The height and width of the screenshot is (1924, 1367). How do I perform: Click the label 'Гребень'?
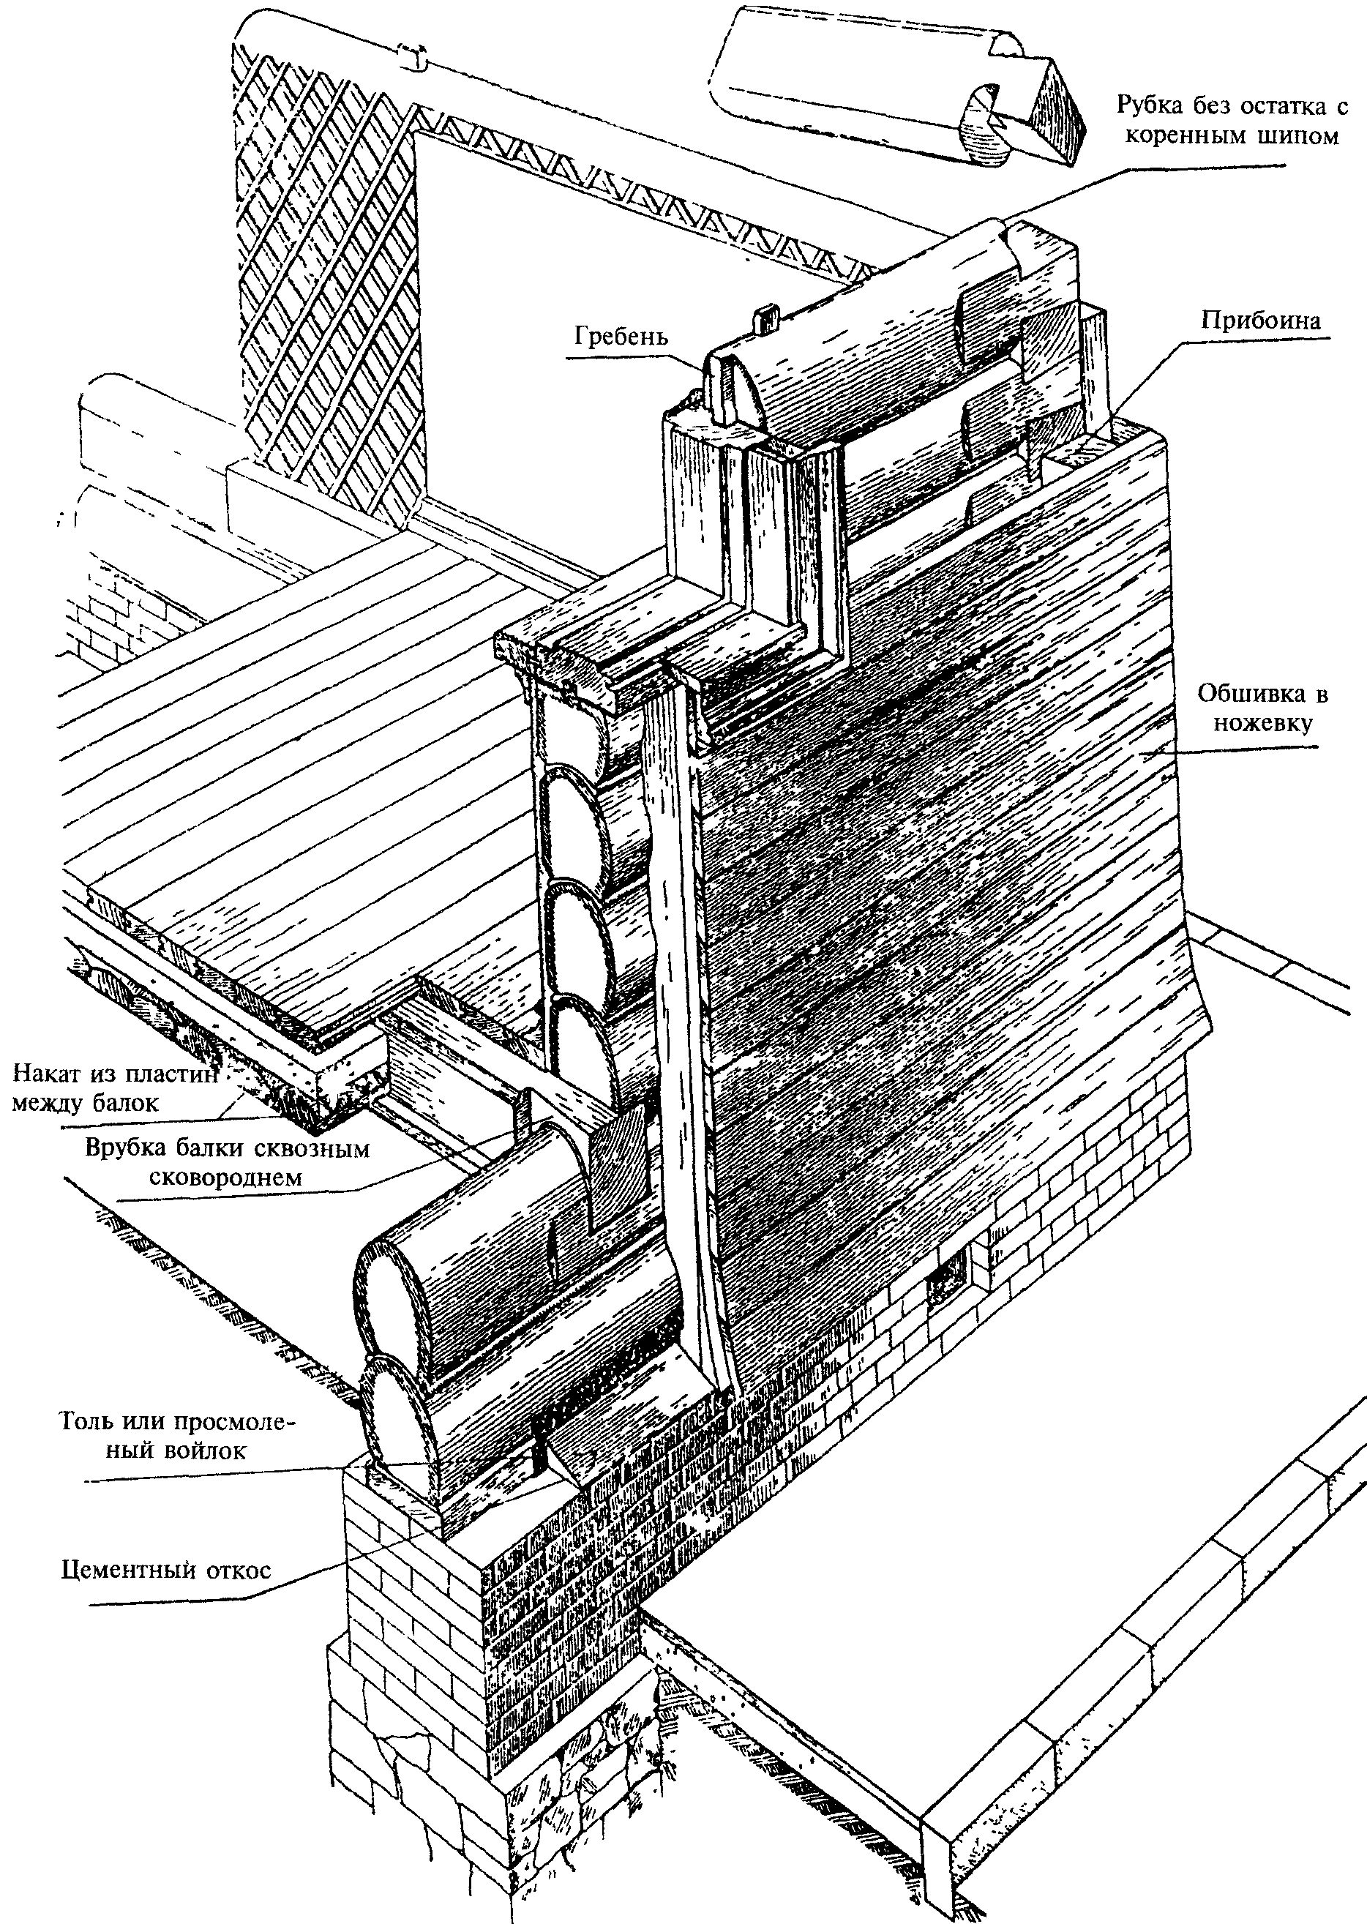[621, 336]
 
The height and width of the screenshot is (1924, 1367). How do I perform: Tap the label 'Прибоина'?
[1261, 320]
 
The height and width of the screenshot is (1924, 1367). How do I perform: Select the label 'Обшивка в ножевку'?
[1262, 708]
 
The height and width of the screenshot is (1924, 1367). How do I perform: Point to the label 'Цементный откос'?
[167, 1571]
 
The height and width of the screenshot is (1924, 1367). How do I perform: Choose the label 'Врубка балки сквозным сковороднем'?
[228, 1162]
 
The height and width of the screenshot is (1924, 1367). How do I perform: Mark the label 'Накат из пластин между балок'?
[116, 1088]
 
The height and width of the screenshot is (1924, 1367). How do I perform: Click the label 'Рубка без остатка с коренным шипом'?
[1232, 120]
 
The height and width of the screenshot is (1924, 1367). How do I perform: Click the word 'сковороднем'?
[225, 1177]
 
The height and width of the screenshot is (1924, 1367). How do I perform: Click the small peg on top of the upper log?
[766, 320]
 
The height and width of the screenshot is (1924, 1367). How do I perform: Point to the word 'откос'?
[235, 1571]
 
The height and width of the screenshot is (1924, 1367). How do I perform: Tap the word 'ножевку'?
[1262, 722]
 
